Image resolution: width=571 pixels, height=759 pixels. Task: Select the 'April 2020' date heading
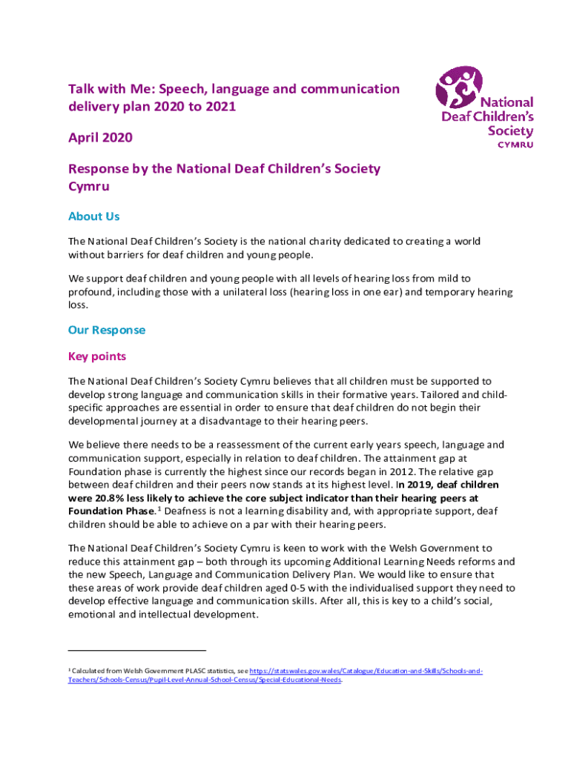click(101, 138)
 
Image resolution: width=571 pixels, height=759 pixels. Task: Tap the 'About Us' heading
click(93, 216)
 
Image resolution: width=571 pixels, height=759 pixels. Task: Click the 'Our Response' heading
click(107, 330)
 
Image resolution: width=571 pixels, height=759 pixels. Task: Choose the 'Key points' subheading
click(97, 357)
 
